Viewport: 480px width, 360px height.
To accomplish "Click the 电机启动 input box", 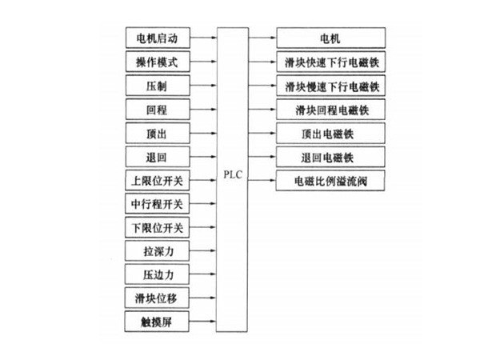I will [x=157, y=37].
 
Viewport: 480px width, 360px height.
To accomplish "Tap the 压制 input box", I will [x=157, y=84].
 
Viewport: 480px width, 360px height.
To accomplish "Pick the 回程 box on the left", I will [x=157, y=108].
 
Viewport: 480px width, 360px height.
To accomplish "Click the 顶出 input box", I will [x=157, y=132].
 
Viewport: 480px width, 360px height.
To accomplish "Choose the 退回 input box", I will [x=157, y=155].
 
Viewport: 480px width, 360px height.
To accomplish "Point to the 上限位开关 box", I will [x=157, y=179].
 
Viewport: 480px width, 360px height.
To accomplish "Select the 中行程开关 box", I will [x=157, y=203].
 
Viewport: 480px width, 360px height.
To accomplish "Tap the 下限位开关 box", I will [x=157, y=227].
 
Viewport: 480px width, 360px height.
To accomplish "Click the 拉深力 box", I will [x=157, y=251].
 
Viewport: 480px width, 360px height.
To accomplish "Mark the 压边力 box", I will [x=157, y=275].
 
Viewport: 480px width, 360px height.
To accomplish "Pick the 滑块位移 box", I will [x=157, y=298].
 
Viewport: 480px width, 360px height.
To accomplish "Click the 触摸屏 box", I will [x=157, y=322].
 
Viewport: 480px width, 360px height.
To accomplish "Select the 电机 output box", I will [x=330, y=37].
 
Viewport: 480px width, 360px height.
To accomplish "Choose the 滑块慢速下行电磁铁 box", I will [x=330, y=84].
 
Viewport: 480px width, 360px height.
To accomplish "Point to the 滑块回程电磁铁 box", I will [x=330, y=108].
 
